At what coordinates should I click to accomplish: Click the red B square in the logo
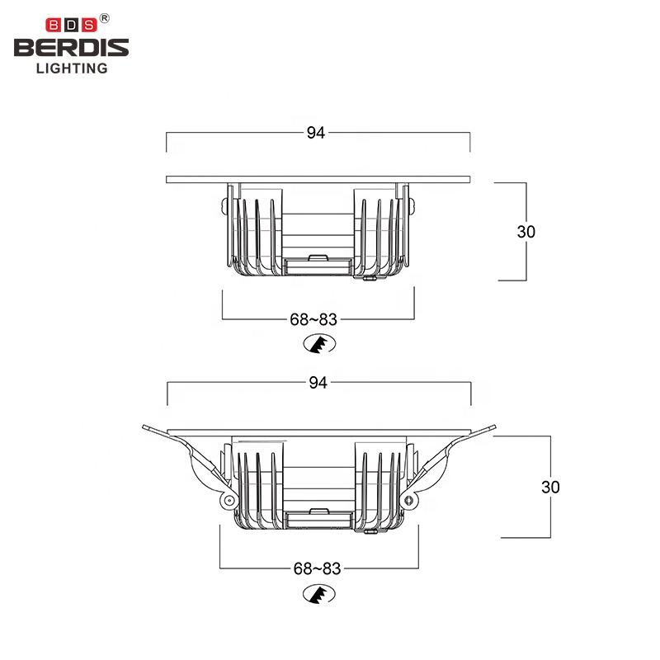click(x=53, y=26)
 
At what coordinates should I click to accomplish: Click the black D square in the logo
click(x=71, y=26)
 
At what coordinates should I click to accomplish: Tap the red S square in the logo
click(x=89, y=26)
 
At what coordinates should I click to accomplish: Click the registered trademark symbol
click(x=105, y=18)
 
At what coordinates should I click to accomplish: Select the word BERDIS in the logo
click(x=72, y=48)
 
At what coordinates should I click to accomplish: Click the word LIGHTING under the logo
click(x=72, y=68)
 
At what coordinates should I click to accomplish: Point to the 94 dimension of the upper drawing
click(x=316, y=133)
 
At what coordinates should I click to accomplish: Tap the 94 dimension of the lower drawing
click(x=318, y=383)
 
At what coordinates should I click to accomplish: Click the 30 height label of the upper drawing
click(x=526, y=232)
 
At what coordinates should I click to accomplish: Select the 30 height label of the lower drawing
click(x=550, y=487)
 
